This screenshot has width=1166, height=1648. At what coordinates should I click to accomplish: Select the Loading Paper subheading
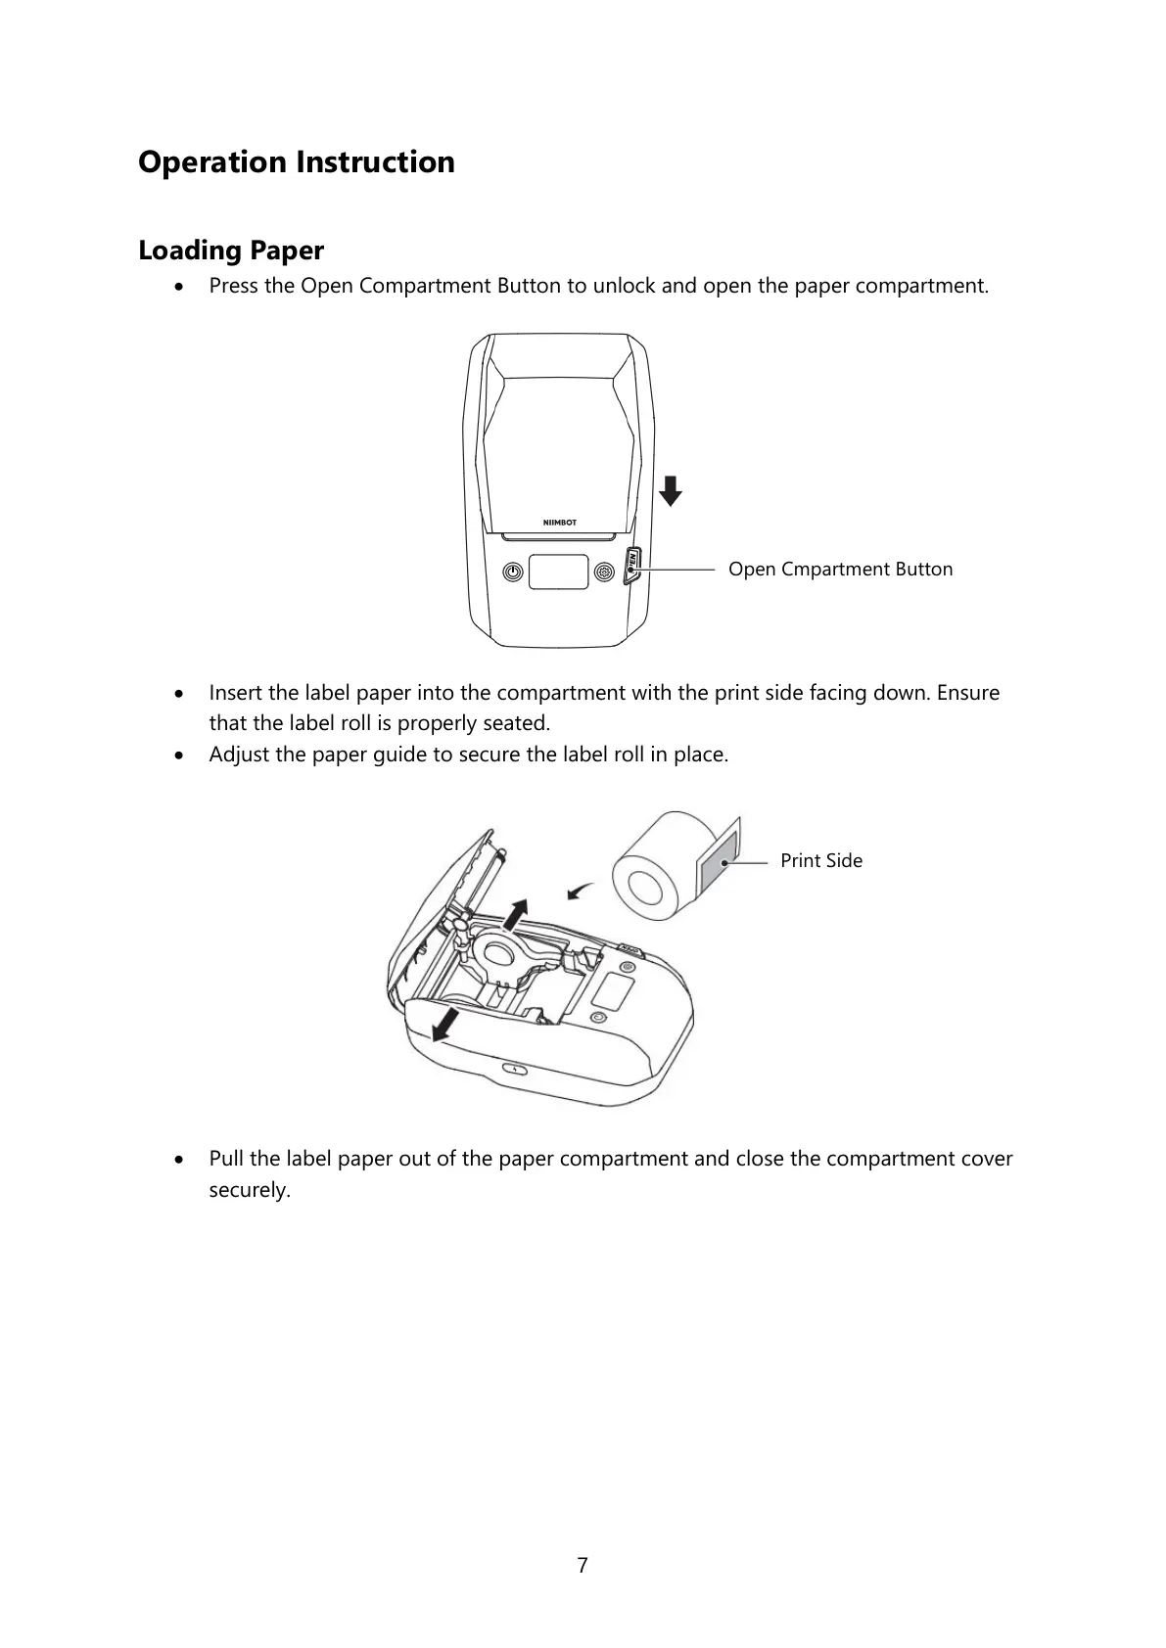[x=231, y=251]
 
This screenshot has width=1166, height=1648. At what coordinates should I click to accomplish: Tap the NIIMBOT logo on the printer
[x=560, y=523]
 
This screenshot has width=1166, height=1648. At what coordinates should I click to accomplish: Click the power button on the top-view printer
[x=512, y=572]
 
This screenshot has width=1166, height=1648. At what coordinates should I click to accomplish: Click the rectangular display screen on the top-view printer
[x=558, y=572]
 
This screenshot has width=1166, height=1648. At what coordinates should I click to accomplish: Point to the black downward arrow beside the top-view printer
[x=670, y=490]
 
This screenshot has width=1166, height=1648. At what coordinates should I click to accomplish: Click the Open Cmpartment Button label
[x=840, y=570]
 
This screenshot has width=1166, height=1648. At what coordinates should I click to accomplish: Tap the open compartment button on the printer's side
[x=632, y=566]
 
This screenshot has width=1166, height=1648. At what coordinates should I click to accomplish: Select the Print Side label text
[x=821, y=861]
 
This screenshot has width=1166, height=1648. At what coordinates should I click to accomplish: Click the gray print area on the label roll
[x=717, y=865]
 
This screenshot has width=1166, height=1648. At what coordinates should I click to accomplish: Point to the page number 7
[x=583, y=1566]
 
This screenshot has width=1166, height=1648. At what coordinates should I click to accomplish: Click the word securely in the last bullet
[x=249, y=1191]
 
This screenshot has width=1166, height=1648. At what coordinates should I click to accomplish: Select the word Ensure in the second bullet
[x=968, y=693]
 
